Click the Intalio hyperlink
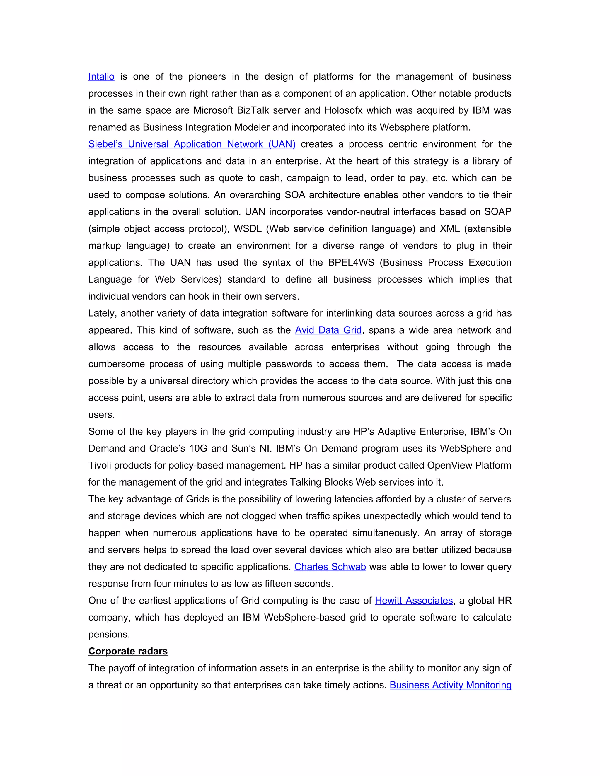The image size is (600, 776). [x=101, y=76]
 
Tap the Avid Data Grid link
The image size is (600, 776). [x=328, y=330]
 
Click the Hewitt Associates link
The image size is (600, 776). [x=414, y=601]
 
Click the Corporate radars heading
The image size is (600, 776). [x=128, y=651]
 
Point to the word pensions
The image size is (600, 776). [x=109, y=635]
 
